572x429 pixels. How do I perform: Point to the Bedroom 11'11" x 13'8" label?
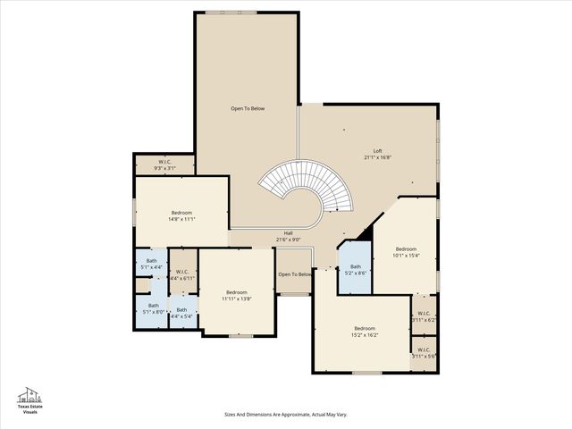coord(236,295)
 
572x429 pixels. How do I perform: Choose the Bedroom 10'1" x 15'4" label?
coord(406,252)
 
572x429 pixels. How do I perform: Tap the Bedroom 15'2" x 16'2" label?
coord(365,332)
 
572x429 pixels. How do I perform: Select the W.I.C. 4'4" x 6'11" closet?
coord(181,275)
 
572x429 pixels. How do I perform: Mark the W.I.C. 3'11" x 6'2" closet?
coord(424,316)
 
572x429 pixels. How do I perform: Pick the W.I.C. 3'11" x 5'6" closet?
coord(423,352)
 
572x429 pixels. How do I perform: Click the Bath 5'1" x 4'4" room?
coord(151,265)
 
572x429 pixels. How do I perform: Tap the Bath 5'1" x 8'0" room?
coord(153,308)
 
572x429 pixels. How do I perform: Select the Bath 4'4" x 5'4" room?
coord(181,313)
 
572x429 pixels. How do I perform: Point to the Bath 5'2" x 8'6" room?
coord(355,270)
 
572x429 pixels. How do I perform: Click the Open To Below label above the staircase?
coord(248,109)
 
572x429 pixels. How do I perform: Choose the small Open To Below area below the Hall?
coord(294,275)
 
